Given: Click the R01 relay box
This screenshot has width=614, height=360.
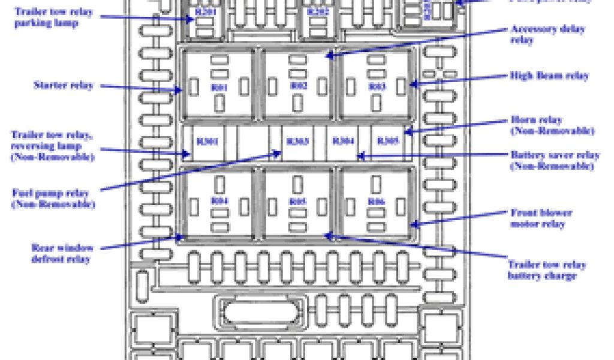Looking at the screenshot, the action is pos(219,84).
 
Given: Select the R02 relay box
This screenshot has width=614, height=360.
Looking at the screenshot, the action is pos(298,84).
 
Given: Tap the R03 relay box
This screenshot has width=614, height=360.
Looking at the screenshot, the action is pos(377,84).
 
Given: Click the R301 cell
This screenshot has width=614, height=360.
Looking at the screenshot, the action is pos(207,142).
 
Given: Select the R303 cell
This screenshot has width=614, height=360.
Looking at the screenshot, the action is pos(297,142).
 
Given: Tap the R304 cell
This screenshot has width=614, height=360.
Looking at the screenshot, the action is pos(344,142).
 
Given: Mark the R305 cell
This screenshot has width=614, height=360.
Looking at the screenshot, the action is pos(387,142).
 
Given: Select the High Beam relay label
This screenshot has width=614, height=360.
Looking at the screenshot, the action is pos(549,76).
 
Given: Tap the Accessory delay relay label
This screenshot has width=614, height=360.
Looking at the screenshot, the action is pos(547,34).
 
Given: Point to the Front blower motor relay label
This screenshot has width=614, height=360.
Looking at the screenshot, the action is pos(541,218).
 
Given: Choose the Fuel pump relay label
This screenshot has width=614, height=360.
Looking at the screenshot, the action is pos(53,199).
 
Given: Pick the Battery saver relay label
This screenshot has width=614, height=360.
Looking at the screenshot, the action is pos(555,160).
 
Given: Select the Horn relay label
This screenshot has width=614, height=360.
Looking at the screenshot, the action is pos(552,125).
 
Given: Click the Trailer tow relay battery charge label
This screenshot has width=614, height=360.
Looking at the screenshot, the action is pos(546,270).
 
